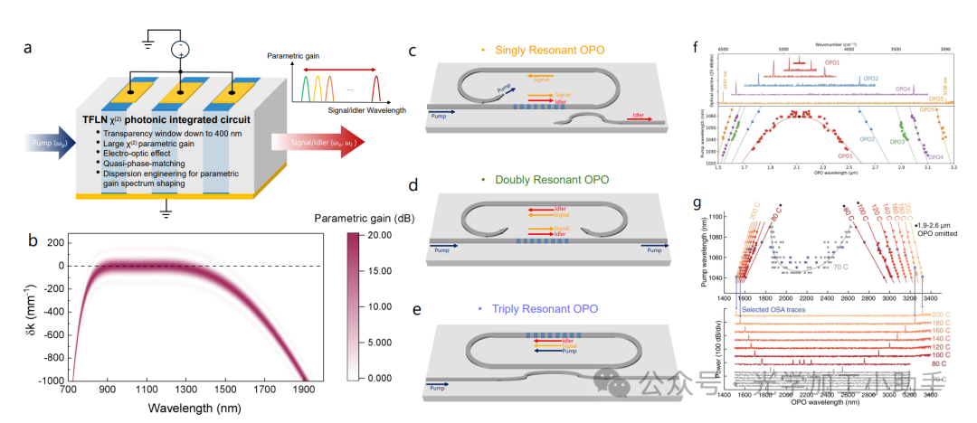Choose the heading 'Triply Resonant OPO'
coord(547,308)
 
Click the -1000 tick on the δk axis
coord(35,381)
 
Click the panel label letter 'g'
coord(696,205)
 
